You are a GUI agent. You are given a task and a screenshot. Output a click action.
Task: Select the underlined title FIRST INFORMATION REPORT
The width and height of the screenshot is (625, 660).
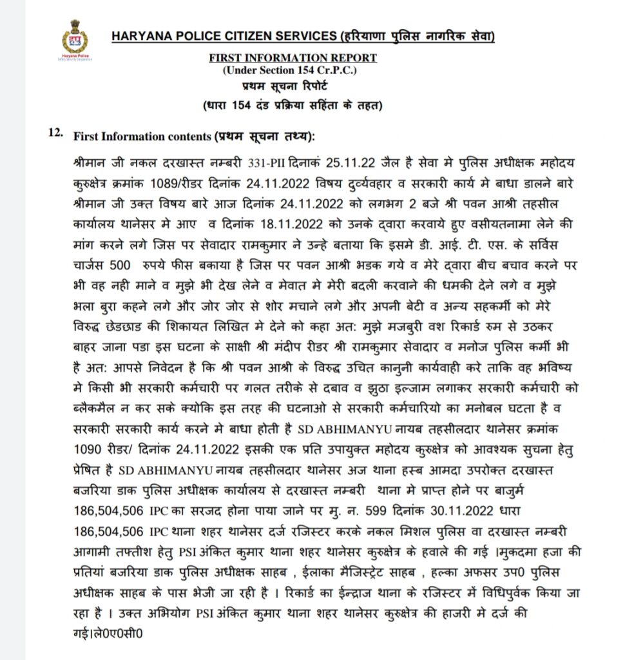coord(293,58)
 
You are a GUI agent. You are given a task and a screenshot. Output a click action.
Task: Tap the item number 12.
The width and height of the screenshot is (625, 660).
coord(55,135)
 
